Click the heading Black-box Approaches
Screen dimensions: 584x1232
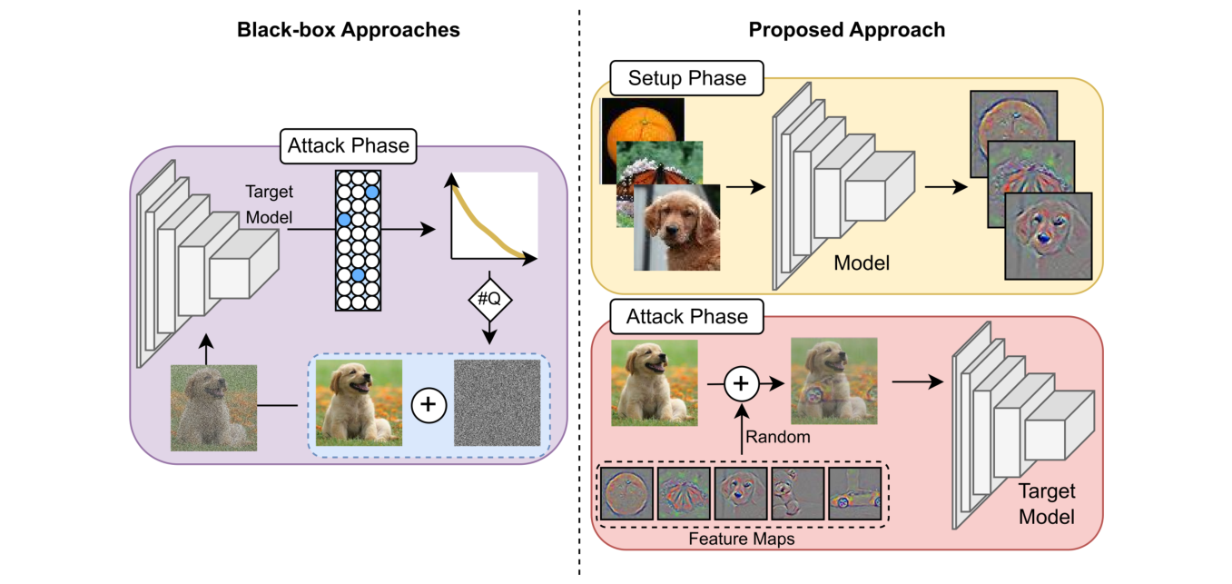[x=349, y=30]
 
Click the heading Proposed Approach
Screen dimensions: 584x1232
[x=846, y=30]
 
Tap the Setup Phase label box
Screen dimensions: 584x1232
[x=687, y=79]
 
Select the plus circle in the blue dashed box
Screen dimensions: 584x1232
[x=428, y=402]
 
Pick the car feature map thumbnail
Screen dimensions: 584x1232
[x=853, y=494]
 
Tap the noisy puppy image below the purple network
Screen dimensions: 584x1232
[x=214, y=407]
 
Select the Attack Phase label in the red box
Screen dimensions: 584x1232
[x=687, y=317]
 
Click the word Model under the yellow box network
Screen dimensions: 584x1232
[x=862, y=264]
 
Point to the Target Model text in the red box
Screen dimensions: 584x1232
[x=1046, y=504]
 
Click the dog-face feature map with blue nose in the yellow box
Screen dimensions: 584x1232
[x=1048, y=235]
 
